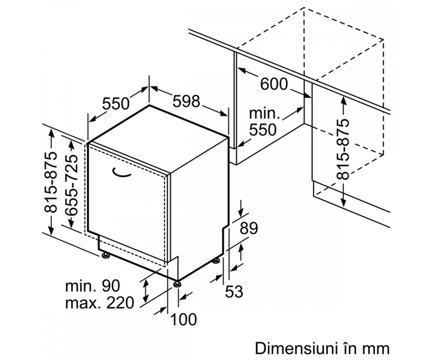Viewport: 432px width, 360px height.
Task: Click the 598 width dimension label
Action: pos(186,102)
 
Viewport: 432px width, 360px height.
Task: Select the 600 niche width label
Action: pos(274,84)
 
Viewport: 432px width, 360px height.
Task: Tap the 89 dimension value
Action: pos(249,228)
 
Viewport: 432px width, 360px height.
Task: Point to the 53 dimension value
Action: pos(234,292)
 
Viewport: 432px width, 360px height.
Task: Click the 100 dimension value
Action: pos(184,319)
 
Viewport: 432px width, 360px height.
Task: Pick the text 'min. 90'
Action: pos(93,286)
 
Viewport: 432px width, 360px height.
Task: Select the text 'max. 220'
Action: pos(100,303)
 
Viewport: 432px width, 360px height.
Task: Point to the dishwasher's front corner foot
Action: pos(178,284)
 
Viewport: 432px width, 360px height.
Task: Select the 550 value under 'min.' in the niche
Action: pos(263,130)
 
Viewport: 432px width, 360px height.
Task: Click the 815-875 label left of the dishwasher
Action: pos(50,183)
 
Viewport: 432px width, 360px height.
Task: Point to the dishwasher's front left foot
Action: pos(106,255)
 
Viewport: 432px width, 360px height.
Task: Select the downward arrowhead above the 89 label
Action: pos(240,213)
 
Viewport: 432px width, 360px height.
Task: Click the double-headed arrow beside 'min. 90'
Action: pos(146,291)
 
